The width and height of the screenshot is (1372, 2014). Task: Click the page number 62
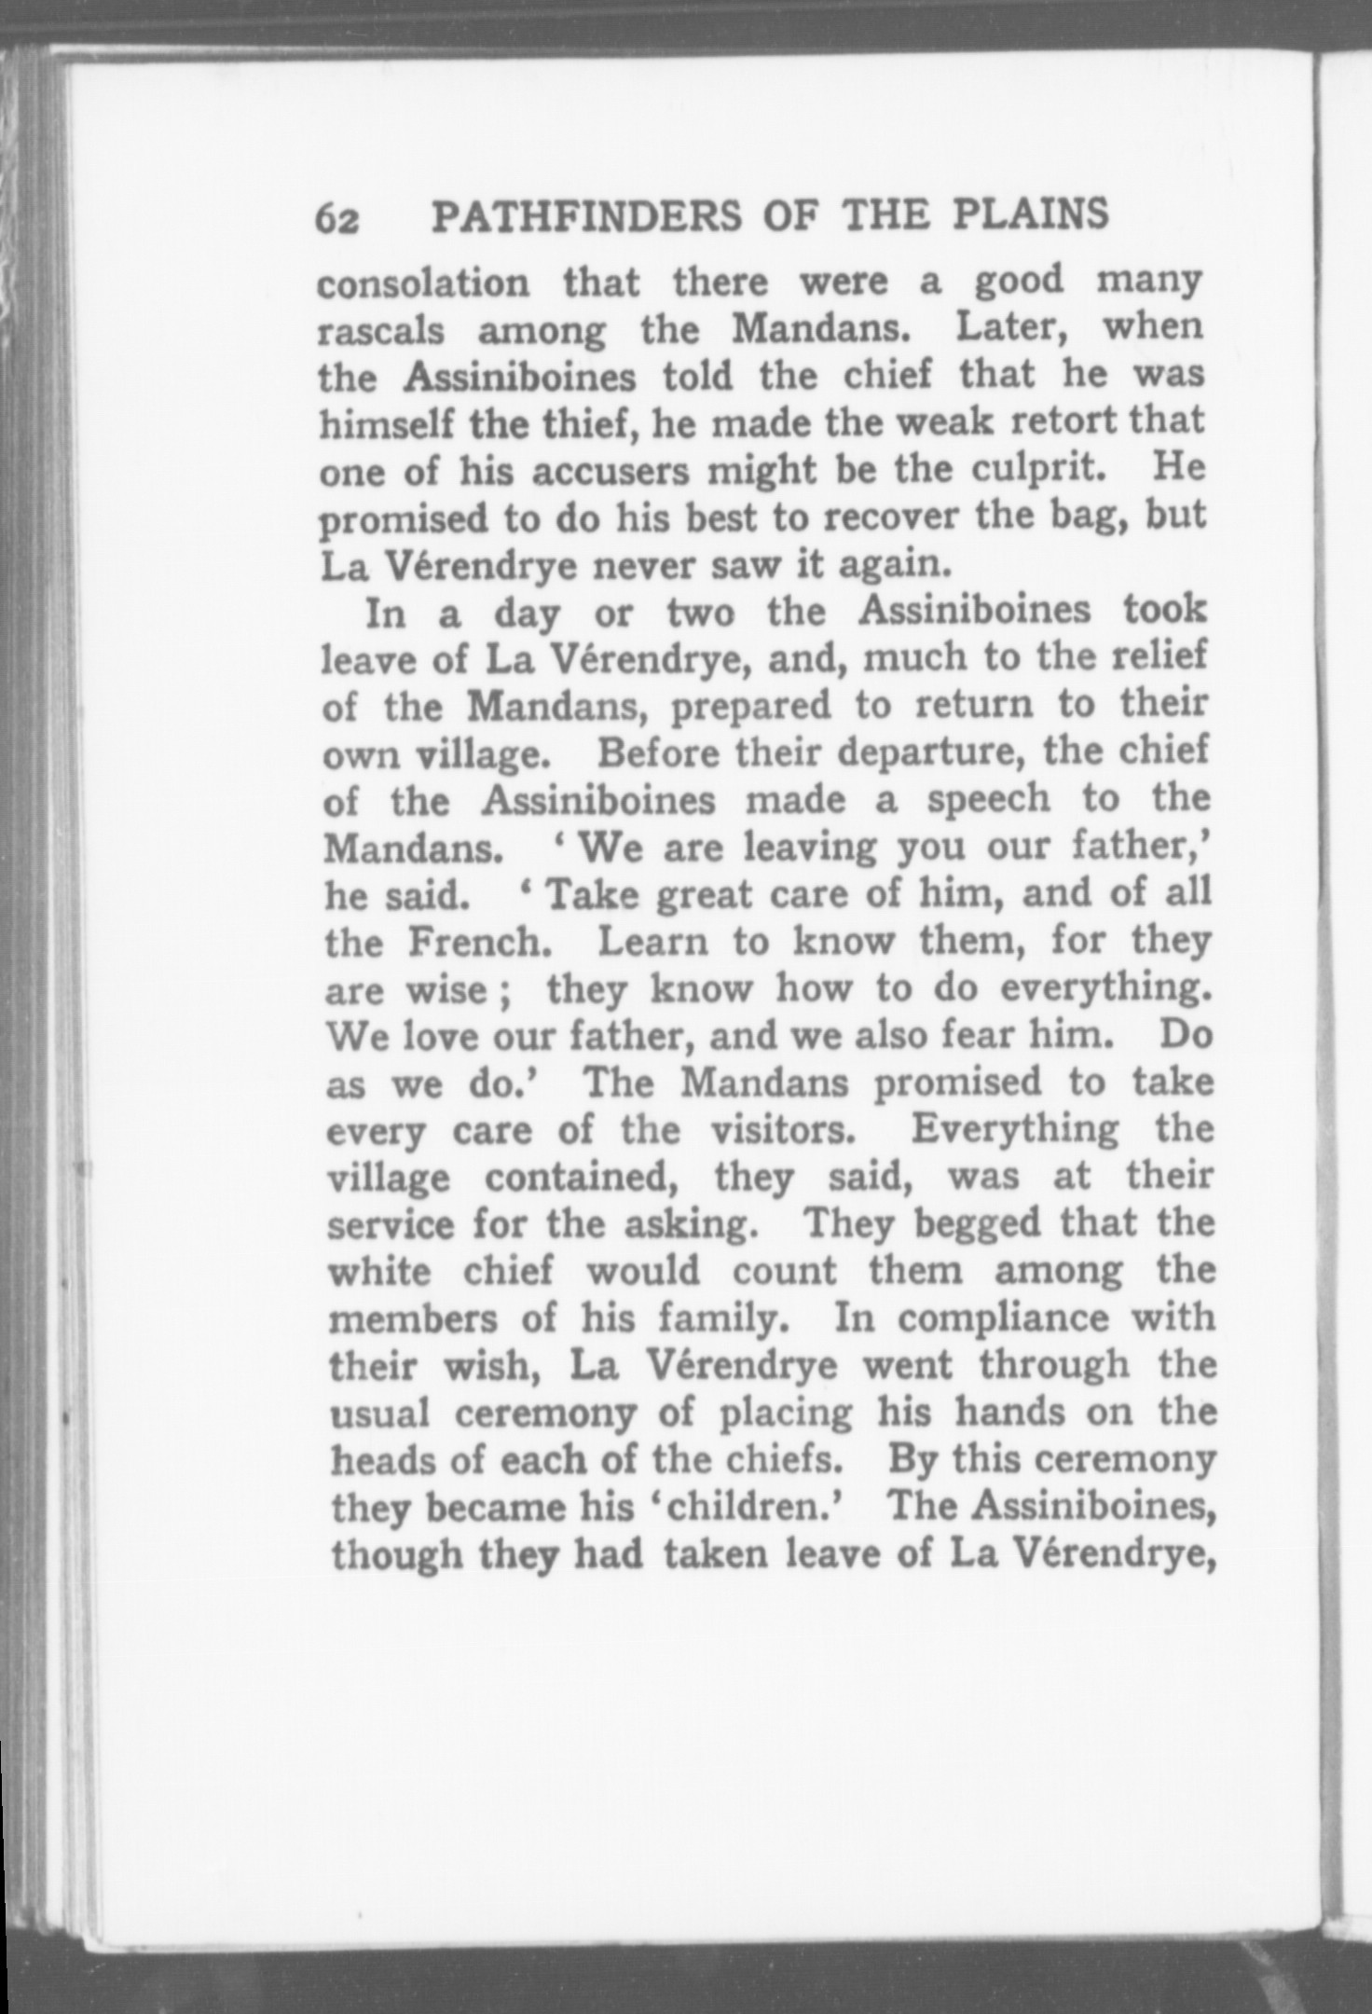pos(337,220)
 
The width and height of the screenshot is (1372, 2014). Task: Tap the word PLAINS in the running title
pos(1031,214)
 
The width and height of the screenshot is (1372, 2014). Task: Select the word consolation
pos(423,284)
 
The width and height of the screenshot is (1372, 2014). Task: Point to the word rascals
pos(381,332)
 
